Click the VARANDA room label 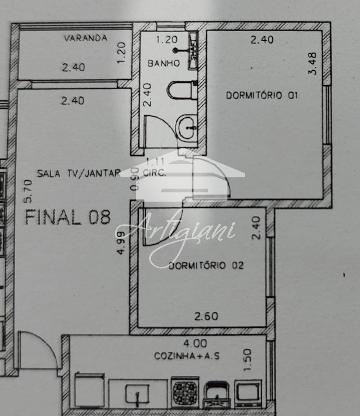[85, 38]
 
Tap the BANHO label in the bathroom [164, 63]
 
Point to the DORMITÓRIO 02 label [206, 265]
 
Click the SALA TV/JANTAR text [79, 173]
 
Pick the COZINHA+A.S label [187, 356]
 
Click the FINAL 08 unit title [68, 217]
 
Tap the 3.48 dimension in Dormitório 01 [313, 64]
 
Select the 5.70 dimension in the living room [28, 191]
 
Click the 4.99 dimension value [121, 243]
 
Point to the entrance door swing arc [48, 345]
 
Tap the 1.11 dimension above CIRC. [155, 162]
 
